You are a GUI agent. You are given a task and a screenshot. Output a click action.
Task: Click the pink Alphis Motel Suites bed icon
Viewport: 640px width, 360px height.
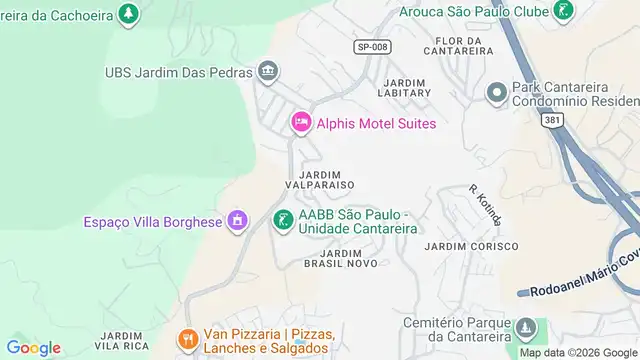[x=300, y=123]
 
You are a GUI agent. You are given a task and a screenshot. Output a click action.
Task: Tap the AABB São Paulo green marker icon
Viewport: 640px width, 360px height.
[x=284, y=220]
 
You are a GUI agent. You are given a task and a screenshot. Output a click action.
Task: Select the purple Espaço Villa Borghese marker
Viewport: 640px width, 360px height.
[x=237, y=220]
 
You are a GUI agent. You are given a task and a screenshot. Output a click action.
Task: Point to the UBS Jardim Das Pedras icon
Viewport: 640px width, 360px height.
[x=267, y=71]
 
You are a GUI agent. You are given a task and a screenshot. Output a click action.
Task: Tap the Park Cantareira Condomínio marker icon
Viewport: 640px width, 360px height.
[x=495, y=94]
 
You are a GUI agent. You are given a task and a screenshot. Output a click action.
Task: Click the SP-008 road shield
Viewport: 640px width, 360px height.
[x=371, y=46]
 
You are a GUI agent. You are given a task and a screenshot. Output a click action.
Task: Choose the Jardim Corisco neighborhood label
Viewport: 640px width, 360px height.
[x=471, y=246]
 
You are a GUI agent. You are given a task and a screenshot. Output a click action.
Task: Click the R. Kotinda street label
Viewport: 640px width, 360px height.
[x=485, y=204]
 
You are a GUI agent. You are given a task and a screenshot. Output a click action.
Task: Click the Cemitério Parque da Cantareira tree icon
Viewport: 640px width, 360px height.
[x=525, y=329]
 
